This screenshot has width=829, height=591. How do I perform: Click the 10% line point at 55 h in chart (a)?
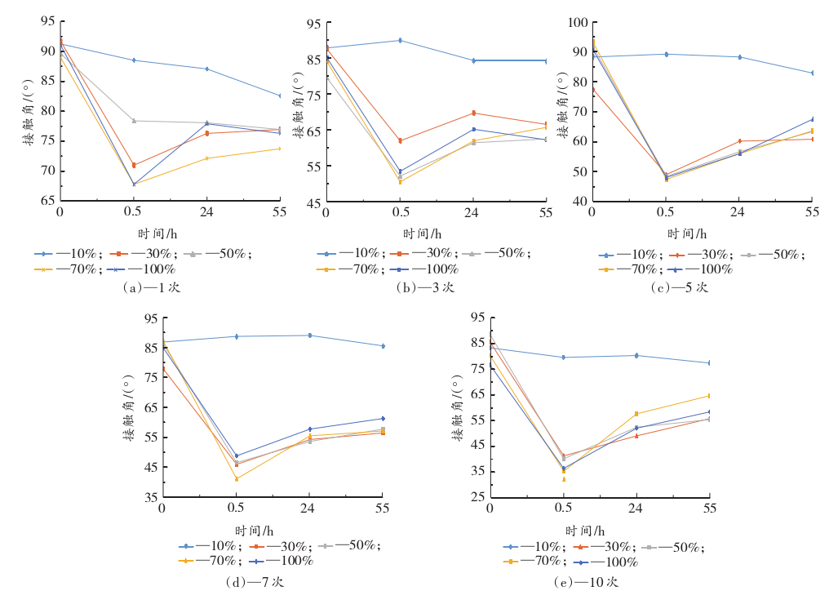[280, 96]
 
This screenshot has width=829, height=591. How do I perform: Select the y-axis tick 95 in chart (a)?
[48, 21]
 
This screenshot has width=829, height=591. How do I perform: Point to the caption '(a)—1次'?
[151, 287]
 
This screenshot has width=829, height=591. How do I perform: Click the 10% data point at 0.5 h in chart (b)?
[400, 40]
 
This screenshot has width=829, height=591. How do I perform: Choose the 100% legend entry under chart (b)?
[424, 269]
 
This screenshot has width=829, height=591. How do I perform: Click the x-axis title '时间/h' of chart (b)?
[423, 233]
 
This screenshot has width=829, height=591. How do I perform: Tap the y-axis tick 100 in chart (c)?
[578, 22]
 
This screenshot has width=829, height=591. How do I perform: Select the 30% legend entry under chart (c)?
[701, 255]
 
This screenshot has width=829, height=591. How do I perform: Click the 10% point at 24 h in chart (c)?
[739, 57]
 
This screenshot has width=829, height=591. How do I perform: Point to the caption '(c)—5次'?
[680, 287]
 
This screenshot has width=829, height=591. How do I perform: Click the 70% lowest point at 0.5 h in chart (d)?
[237, 479]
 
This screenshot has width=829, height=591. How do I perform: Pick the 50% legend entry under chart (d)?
[349, 545]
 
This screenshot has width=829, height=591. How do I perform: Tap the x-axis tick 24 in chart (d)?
[308, 509]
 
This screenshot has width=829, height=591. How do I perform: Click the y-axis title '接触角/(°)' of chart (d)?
[129, 408]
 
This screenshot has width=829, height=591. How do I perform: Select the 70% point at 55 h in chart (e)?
[710, 396]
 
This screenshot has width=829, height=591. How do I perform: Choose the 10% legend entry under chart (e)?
[534, 547]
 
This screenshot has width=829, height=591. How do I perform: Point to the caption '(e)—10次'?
[587, 582]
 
